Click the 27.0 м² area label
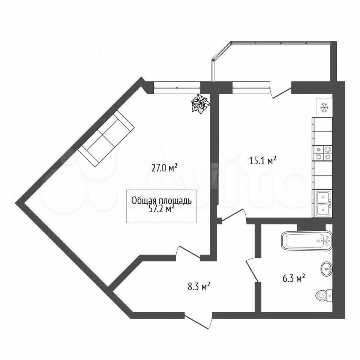(164, 168)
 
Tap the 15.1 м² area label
(262, 160)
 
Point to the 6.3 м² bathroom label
(294, 279)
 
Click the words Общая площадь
(161, 201)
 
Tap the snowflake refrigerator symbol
(324, 107)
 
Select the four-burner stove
(322, 153)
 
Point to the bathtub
(306, 241)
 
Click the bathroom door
(252, 270)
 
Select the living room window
(177, 87)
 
